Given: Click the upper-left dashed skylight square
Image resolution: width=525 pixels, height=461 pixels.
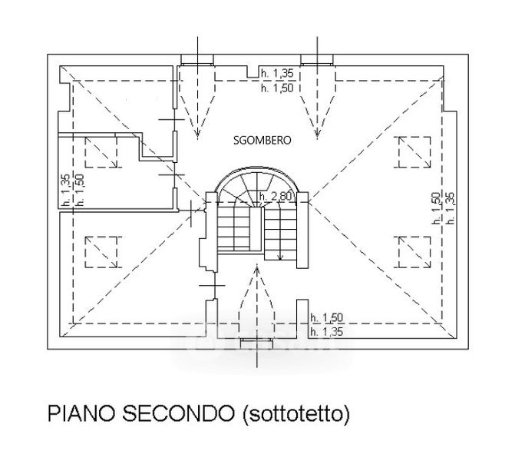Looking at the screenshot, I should tap(101, 154).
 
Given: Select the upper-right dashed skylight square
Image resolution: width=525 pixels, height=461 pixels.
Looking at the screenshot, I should tap(414, 151).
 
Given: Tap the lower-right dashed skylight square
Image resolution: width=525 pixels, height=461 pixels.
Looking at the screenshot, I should tap(414, 251).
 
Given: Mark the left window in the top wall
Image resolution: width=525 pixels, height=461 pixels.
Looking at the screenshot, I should tap(198, 60).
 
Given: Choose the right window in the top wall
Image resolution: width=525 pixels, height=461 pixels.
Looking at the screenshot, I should tap(315, 60).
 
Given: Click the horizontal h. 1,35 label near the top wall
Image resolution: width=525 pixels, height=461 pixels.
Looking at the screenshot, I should tap(276, 73).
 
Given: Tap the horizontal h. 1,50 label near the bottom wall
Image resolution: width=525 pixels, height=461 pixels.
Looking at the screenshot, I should tap(326, 317).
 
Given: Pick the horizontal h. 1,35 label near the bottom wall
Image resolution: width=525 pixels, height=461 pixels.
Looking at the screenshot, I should tap(326, 332).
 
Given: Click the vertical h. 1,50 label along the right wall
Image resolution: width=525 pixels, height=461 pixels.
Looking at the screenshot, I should tap(435, 207).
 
